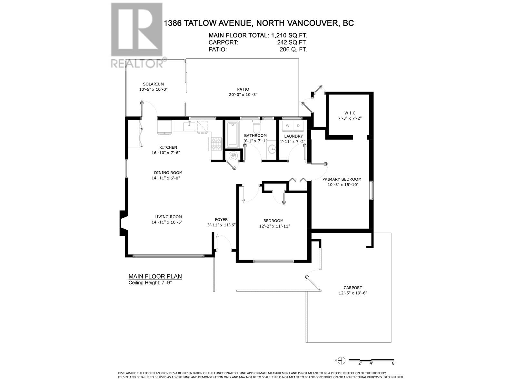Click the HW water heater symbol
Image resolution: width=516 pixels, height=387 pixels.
233,156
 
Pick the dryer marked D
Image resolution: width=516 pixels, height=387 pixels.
298,125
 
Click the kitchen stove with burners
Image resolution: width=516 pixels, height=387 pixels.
216,144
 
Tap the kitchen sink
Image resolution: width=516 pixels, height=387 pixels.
189,126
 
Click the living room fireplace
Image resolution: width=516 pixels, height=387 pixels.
124,223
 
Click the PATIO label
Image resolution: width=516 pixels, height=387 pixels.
243,89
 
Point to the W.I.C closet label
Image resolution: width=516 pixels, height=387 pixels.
350,113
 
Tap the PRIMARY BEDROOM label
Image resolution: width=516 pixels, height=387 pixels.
342,179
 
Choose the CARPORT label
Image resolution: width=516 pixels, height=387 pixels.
352,288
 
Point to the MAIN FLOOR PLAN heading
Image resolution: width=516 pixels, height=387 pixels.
155,276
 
